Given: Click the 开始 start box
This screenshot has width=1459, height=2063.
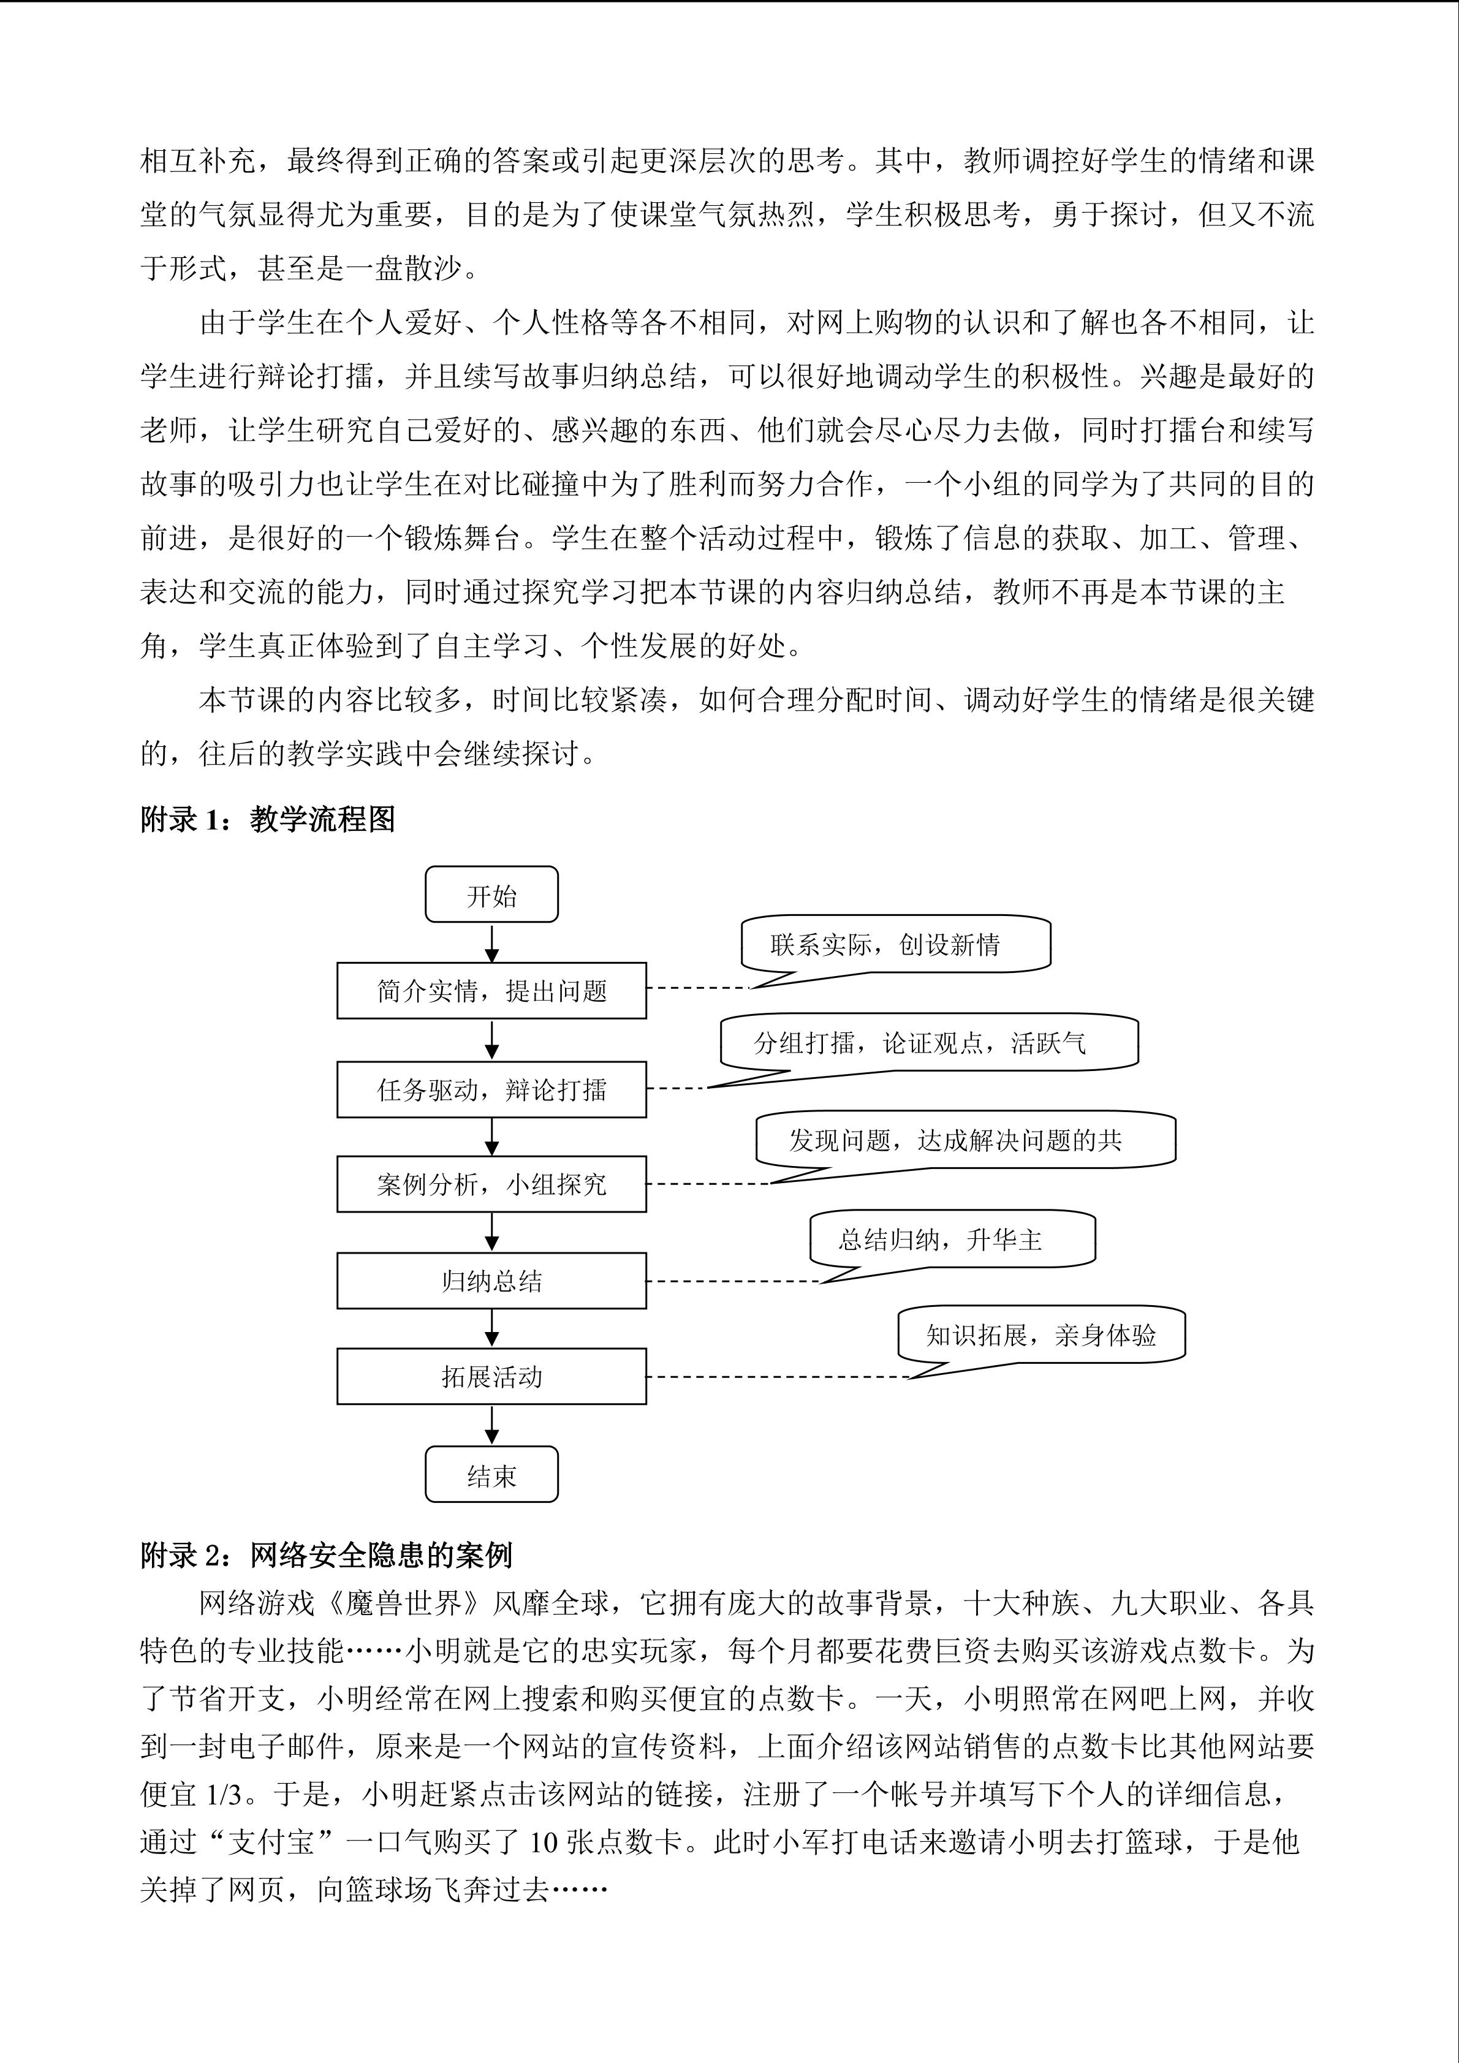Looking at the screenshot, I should (x=491, y=895).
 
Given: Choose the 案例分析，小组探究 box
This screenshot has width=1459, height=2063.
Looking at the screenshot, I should (x=491, y=1184).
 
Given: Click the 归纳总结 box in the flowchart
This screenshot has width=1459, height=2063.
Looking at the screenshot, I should (x=491, y=1281).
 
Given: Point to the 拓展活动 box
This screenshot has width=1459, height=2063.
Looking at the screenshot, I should (x=491, y=1376).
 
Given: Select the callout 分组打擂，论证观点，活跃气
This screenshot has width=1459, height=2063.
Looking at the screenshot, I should (x=928, y=1042).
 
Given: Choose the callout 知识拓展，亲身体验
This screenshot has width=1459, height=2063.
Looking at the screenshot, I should (x=1040, y=1335).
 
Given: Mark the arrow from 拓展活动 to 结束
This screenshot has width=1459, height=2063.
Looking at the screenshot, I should (x=491, y=1424).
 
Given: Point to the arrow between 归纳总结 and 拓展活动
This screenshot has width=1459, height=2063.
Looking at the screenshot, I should (x=491, y=1328).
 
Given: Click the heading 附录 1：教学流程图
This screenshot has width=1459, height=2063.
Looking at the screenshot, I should (x=268, y=819).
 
